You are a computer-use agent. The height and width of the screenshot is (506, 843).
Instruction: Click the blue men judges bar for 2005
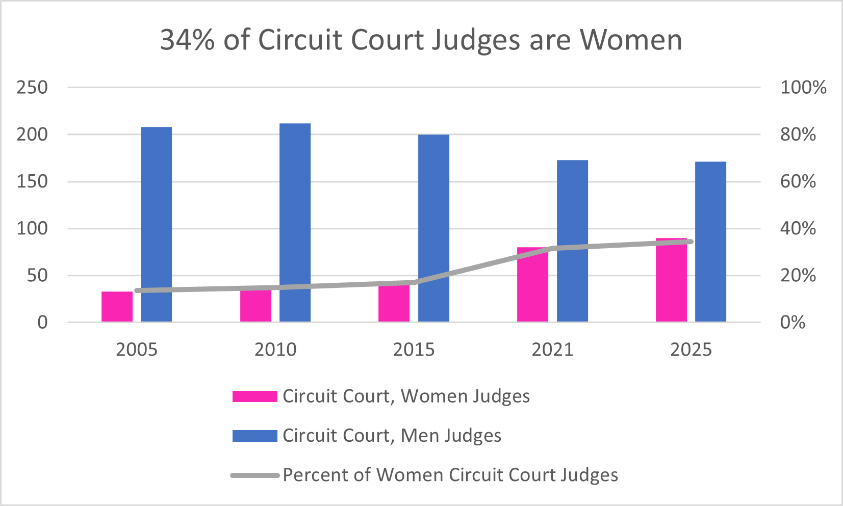point(156,224)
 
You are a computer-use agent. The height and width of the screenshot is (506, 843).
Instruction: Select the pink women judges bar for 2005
point(117,307)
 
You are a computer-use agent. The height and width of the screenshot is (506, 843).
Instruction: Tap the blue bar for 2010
point(295,223)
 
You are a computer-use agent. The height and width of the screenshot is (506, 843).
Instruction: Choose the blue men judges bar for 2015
point(433,228)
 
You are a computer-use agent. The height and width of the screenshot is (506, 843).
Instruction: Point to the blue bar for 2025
point(710,242)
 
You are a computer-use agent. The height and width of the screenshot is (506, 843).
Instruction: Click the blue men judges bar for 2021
point(572,241)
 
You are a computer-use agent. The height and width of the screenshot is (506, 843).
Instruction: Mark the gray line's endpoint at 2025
point(691,242)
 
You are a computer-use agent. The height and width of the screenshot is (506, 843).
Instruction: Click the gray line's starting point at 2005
point(137,290)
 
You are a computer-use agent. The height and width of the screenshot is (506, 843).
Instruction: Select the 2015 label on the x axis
point(414,350)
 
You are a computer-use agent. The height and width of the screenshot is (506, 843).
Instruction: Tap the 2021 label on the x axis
point(552,350)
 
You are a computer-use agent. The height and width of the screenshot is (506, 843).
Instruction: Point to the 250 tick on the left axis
point(32,88)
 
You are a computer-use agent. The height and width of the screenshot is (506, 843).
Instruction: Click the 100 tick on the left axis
point(32,228)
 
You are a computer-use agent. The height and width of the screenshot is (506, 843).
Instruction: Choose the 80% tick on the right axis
point(798,135)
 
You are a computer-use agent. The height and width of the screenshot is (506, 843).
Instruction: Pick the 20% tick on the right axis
point(798,276)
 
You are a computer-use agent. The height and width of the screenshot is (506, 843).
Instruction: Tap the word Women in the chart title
point(631,40)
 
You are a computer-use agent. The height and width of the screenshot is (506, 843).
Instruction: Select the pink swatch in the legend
point(254,396)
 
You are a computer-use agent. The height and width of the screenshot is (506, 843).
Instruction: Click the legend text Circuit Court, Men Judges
point(392,436)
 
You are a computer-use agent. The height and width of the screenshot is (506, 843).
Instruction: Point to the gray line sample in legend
point(254,475)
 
